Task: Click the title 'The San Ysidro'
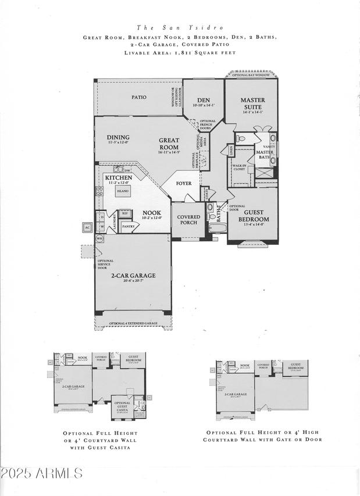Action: (x=180, y=27)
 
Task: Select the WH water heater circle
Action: (x=99, y=238)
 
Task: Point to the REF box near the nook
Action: (x=125, y=213)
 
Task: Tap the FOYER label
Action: (x=184, y=183)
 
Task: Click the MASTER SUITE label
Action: (x=252, y=104)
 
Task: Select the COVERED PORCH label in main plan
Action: (x=188, y=220)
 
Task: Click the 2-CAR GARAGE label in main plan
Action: (x=134, y=276)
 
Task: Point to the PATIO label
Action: (x=138, y=97)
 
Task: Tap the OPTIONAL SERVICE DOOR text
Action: (x=106, y=265)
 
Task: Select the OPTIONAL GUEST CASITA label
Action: (x=122, y=405)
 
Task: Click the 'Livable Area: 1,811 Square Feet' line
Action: (x=180, y=52)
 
